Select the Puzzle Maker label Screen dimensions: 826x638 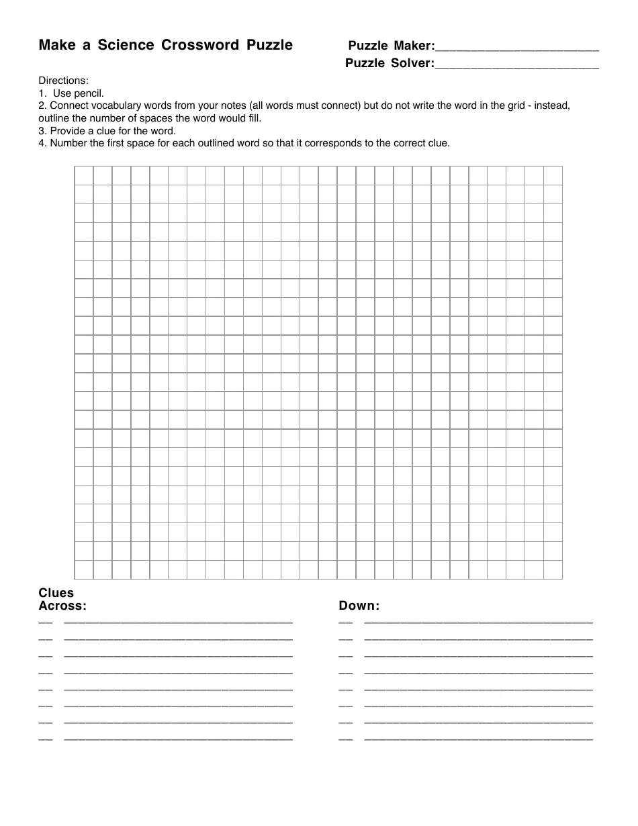click(391, 46)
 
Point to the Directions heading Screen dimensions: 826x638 click(64, 81)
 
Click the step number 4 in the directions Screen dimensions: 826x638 click(42, 143)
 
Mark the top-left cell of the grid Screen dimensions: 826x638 click(83, 175)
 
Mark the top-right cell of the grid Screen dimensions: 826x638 click(553, 175)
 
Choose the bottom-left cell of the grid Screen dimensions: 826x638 click(83, 569)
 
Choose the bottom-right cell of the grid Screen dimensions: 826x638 click(553, 569)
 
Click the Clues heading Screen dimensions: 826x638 click(56, 593)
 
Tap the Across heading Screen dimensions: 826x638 click(62, 606)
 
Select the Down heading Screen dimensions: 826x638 click(359, 606)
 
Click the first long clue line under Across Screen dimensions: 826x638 click(178, 623)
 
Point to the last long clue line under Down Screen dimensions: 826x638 click(478, 739)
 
